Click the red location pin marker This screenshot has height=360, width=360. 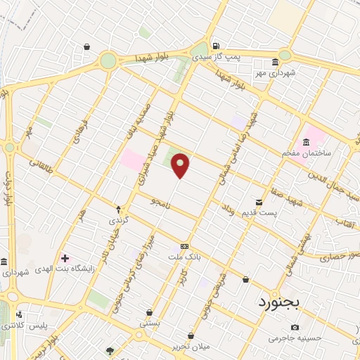[x=181, y=165]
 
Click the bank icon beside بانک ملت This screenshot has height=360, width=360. [x=184, y=246]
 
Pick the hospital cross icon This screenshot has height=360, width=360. [x=65, y=258]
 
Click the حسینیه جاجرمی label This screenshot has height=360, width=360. [x=294, y=338]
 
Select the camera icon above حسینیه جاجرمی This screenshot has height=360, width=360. [x=294, y=327]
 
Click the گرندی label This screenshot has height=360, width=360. [x=115, y=221]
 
